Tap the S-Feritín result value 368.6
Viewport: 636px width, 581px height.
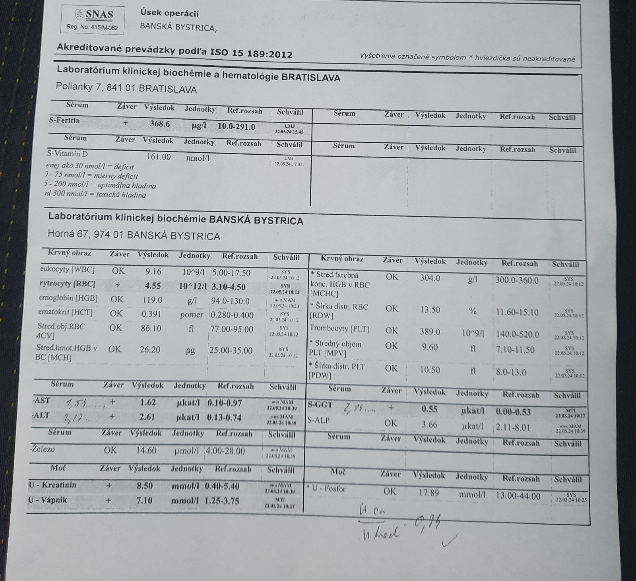pos(160,124)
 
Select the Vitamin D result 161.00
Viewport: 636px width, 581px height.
pos(159,157)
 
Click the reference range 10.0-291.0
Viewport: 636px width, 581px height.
pos(237,126)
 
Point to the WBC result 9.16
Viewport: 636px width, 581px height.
pos(153,272)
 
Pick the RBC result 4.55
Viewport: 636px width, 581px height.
pos(153,286)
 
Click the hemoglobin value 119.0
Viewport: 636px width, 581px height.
pos(152,300)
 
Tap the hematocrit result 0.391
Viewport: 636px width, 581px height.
pos(152,314)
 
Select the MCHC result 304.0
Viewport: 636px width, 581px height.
pos(430,278)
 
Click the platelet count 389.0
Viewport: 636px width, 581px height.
pos(430,331)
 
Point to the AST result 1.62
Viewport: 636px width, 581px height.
pos(148,402)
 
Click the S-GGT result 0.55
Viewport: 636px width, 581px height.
pos(429,409)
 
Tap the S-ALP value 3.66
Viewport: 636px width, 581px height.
pos(429,424)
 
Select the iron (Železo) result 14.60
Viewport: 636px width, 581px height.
pos(146,451)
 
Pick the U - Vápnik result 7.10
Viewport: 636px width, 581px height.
pos(144,500)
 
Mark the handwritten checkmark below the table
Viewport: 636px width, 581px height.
pos(449,540)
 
